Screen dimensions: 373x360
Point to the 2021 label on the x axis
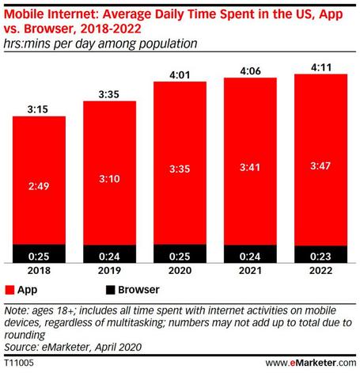pyautogui.click(x=246, y=272)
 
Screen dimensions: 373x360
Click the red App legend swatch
pyautogui.click(x=9, y=291)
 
